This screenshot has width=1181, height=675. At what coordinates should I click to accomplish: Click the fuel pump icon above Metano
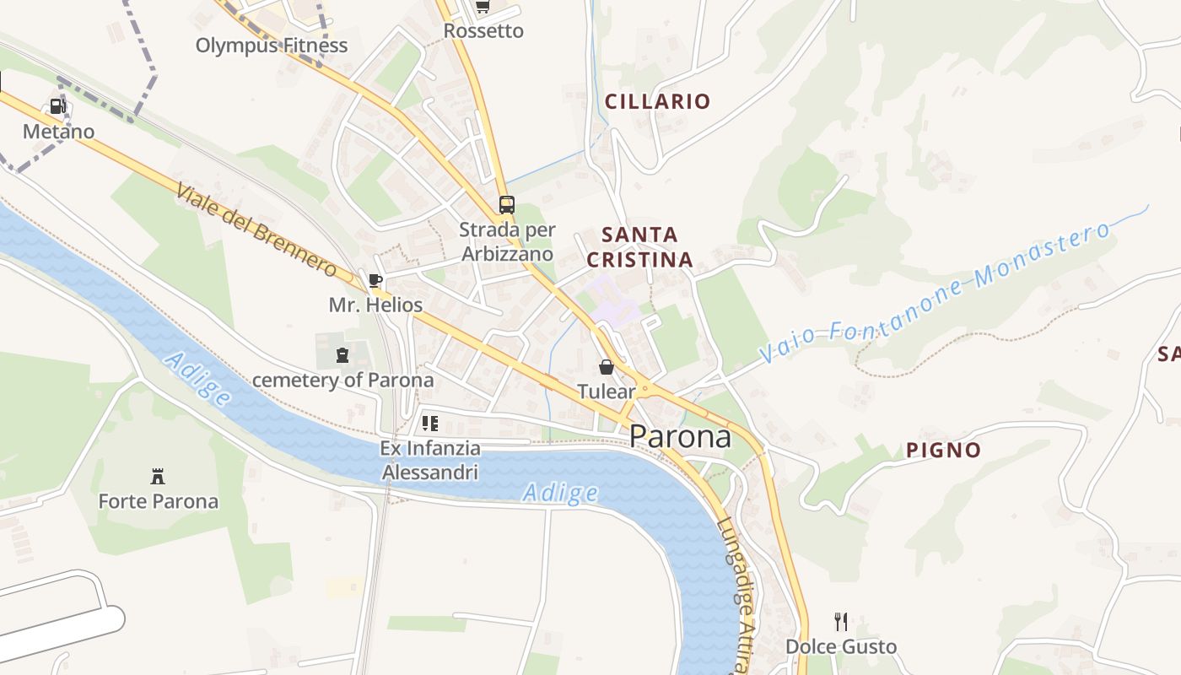57,106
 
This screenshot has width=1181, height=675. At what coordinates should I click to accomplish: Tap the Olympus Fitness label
271,45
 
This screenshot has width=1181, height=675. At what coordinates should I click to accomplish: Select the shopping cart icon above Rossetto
482,7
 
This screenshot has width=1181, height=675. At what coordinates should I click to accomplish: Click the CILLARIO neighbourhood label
657,101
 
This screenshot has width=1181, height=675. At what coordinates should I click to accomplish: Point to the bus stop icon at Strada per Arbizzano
506,204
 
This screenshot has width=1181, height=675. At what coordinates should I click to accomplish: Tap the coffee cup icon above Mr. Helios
375,280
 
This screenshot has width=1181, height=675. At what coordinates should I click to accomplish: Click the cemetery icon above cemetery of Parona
342,355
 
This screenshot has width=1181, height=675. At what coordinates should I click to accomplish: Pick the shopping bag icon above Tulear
606,367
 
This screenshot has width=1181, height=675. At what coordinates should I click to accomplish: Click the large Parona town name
680,436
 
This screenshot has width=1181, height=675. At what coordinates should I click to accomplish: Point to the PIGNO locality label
943,450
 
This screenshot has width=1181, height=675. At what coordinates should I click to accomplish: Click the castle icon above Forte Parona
158,476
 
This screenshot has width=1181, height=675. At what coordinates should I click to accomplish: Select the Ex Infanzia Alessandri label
430,460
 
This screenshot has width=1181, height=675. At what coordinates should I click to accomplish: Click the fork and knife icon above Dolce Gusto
840,622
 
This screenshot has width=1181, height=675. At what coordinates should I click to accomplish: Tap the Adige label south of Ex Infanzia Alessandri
560,493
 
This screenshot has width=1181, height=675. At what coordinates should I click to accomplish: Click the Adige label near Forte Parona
197,379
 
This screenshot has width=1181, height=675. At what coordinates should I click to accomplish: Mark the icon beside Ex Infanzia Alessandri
430,424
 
